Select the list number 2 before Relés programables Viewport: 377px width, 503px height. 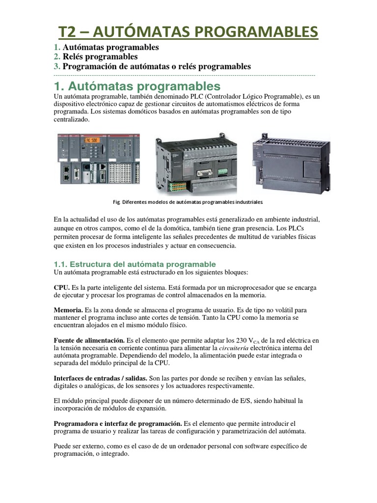[56, 56]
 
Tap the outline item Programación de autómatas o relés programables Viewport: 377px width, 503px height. [157, 66]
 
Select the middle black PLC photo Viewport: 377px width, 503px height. [195, 158]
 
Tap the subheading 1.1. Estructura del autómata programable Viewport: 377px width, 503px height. [135, 264]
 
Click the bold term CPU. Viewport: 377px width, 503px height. [62, 287]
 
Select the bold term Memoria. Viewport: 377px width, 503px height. [68, 310]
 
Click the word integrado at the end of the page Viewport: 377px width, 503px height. [113, 454]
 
